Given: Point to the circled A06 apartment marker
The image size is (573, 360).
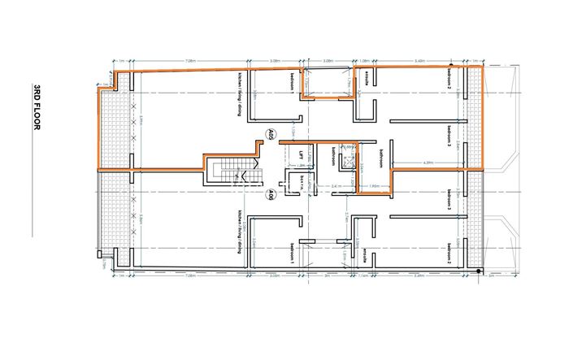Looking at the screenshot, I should coord(271,194).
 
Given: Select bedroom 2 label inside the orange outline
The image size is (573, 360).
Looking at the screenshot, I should coord(449,76).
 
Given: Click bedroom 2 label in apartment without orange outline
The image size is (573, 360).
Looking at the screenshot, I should coord(449,258).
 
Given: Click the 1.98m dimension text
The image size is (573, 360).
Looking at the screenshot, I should coord(375,186).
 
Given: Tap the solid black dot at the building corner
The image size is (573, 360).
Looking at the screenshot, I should coord(480,271).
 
